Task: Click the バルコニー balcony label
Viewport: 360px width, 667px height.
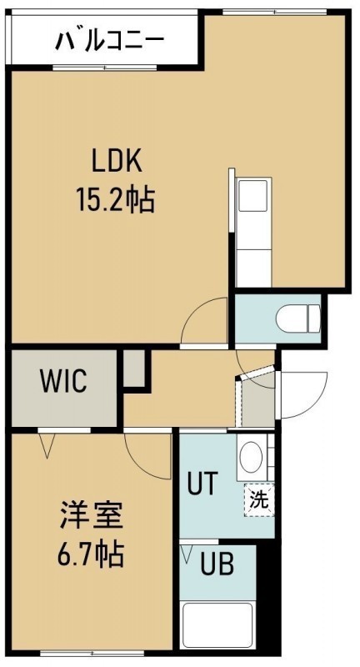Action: click(109, 41)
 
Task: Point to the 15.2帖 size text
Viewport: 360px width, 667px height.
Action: click(116, 199)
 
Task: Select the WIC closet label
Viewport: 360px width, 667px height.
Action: click(64, 381)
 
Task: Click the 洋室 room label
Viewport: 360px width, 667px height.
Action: click(91, 515)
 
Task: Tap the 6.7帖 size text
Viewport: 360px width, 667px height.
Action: click(91, 554)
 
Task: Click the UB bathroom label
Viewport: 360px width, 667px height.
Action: click(217, 564)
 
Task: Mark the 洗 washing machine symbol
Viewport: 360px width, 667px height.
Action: click(259, 500)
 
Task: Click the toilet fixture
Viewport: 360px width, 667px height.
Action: click(298, 318)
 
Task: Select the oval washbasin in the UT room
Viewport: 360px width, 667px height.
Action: click(251, 457)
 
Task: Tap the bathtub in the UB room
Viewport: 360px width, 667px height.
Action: click(217, 624)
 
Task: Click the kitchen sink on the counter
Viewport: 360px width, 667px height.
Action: click(252, 196)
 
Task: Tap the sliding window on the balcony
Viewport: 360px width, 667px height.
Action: click(105, 68)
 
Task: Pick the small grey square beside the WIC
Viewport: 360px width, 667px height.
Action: click(134, 368)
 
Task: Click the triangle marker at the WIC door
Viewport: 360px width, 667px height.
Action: click(47, 445)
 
